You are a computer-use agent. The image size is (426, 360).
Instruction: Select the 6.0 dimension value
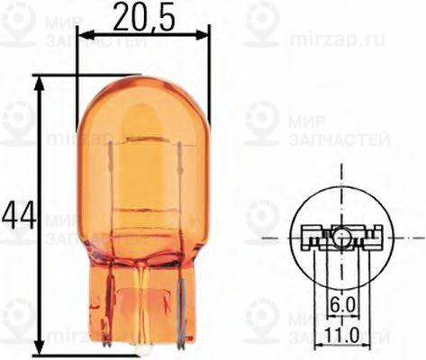[x=341, y=305]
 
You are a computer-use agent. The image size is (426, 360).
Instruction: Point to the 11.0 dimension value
[x=341, y=335]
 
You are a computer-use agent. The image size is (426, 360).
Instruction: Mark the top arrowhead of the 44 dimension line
[x=39, y=82]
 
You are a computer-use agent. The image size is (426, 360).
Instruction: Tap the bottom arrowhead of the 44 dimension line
[x=39, y=347]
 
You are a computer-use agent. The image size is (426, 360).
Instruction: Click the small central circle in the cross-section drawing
[x=342, y=238]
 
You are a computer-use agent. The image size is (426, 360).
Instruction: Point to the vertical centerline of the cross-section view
[x=342, y=180]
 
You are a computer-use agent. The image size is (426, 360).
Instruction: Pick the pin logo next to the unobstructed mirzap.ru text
[x=264, y=22]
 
